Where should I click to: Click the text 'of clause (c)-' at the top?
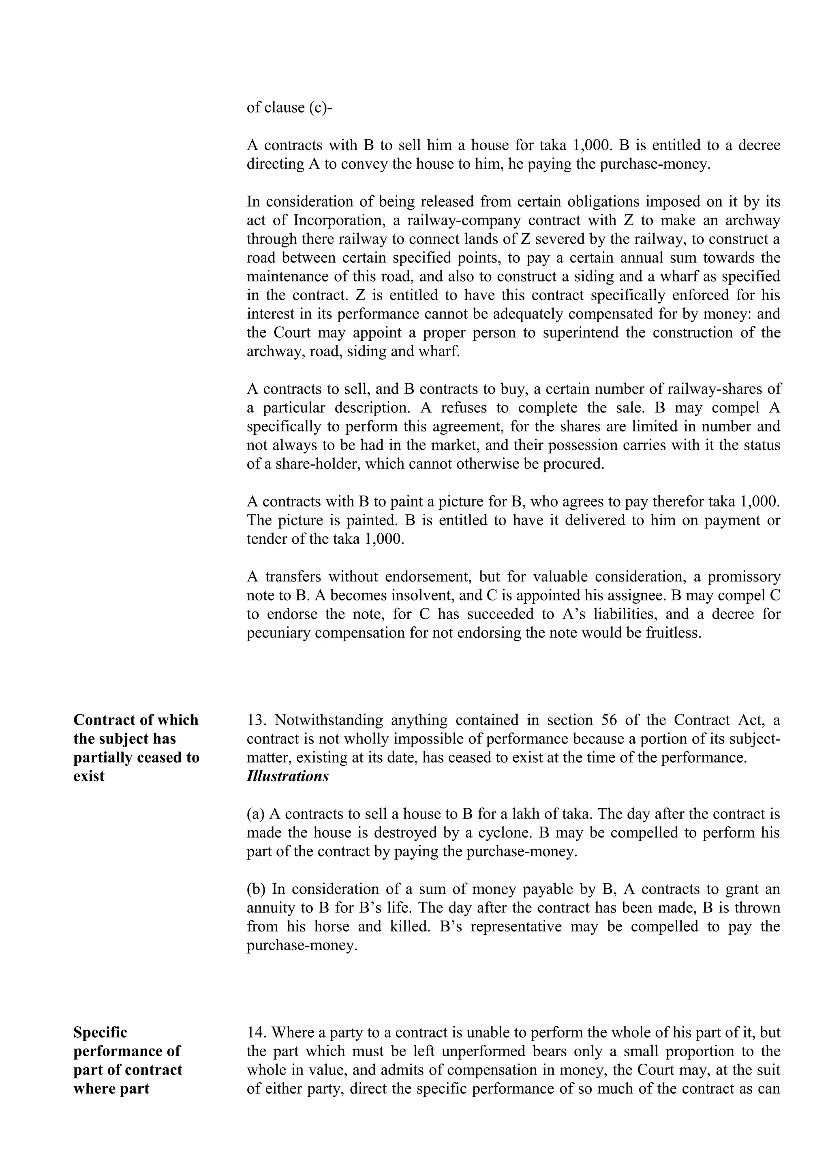pos(289,108)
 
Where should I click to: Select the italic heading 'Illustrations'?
pos(287,776)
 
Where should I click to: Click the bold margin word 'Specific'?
pos(100,1032)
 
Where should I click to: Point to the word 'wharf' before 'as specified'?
pos(688,276)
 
